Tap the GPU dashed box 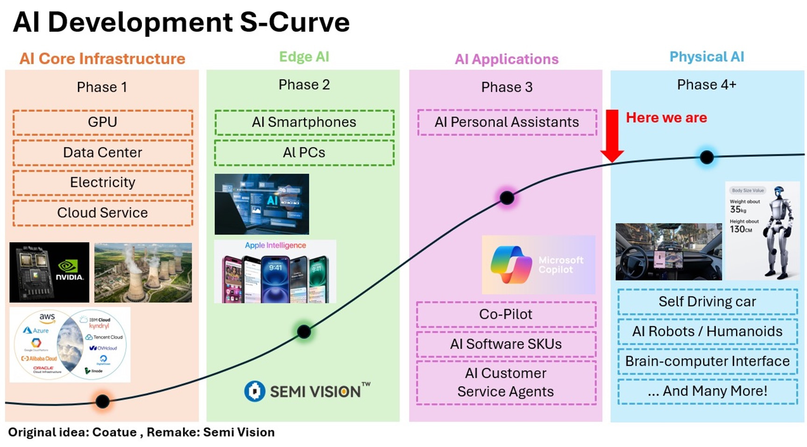[x=103, y=122]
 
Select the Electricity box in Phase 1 [x=103, y=182]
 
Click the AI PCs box [x=304, y=152]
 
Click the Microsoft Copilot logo [x=511, y=265]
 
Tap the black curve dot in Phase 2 [x=304, y=332]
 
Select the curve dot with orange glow [x=102, y=401]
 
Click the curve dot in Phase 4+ [x=707, y=157]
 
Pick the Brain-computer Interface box [x=707, y=361]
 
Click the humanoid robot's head [x=779, y=193]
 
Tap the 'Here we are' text [x=666, y=118]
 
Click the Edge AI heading [x=304, y=57]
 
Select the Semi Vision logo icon [x=255, y=391]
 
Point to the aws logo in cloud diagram [x=47, y=317]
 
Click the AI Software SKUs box [x=506, y=344]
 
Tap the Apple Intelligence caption [x=276, y=245]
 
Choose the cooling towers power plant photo [x=143, y=272]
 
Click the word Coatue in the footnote [x=114, y=432]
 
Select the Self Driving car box [x=707, y=302]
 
